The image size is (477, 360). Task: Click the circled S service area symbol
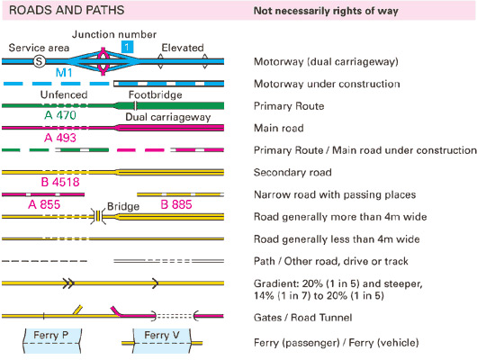[x=39, y=61]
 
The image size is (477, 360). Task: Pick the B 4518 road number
[x=60, y=183]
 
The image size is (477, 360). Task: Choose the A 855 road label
[x=46, y=204]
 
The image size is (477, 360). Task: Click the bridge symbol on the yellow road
[x=98, y=217]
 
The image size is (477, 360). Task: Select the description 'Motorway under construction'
[x=338, y=84]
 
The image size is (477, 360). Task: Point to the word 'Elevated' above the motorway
[x=183, y=47]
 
